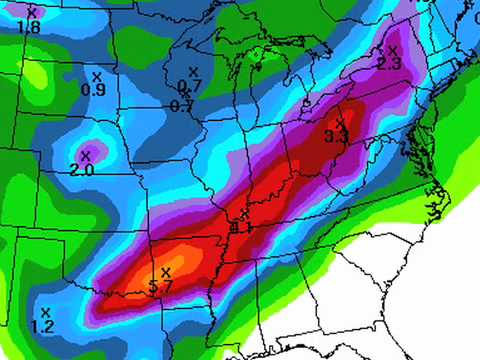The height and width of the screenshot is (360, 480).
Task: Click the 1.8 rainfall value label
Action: (x=29, y=27)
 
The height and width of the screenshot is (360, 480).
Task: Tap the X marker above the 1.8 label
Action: (x=31, y=13)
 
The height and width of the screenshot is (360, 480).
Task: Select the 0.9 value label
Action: (x=93, y=90)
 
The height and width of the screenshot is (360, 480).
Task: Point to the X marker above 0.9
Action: (x=96, y=76)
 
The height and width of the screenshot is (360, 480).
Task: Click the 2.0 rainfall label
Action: (x=82, y=170)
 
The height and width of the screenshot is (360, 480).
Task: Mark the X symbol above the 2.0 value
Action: (x=85, y=155)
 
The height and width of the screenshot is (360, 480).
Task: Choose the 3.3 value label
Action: (x=337, y=137)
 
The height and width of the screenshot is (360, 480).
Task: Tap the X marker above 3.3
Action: (x=340, y=122)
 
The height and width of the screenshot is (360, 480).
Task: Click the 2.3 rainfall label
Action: (x=389, y=64)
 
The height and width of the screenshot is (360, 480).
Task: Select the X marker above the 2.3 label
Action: (x=392, y=50)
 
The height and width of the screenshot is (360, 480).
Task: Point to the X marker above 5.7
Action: (x=165, y=272)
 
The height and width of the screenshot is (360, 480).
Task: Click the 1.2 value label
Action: (x=42, y=327)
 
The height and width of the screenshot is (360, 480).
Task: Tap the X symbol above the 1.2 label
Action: (x=45, y=312)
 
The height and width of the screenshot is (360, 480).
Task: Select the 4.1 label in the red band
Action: (x=240, y=228)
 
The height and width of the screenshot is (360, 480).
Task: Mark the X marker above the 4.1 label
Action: (x=243, y=215)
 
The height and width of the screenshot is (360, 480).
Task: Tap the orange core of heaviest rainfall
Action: (x=185, y=265)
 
